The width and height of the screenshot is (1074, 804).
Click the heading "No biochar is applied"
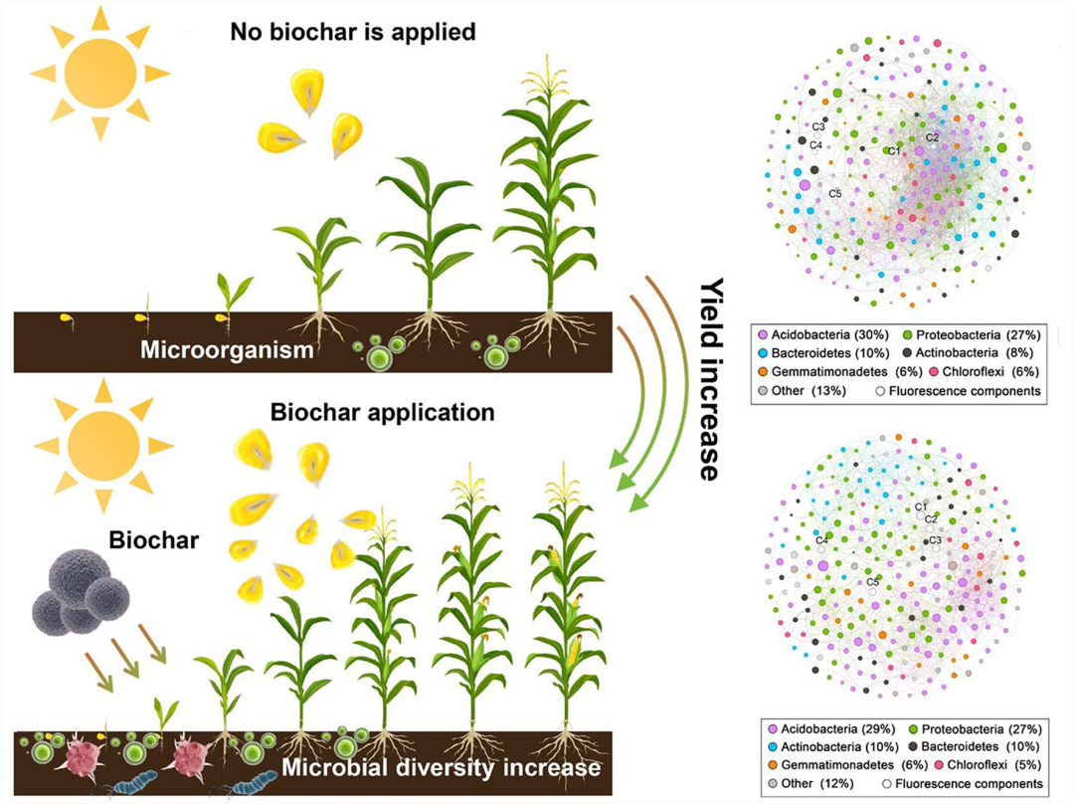point(353,32)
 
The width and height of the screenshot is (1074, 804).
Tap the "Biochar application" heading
point(382,412)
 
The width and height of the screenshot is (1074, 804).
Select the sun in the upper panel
point(100,72)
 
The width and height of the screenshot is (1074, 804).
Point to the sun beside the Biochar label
point(103,446)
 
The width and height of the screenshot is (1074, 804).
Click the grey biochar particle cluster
point(81,591)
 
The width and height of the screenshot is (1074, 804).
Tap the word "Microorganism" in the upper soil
point(227,349)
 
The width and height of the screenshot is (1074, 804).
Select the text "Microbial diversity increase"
point(442,767)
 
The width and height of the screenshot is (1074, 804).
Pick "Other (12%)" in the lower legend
point(810,783)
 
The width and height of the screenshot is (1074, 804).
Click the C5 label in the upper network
point(835,194)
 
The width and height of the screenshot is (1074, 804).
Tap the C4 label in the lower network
point(822,540)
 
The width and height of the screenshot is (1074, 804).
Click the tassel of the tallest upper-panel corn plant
point(546,76)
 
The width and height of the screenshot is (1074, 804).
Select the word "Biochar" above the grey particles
point(153,540)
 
